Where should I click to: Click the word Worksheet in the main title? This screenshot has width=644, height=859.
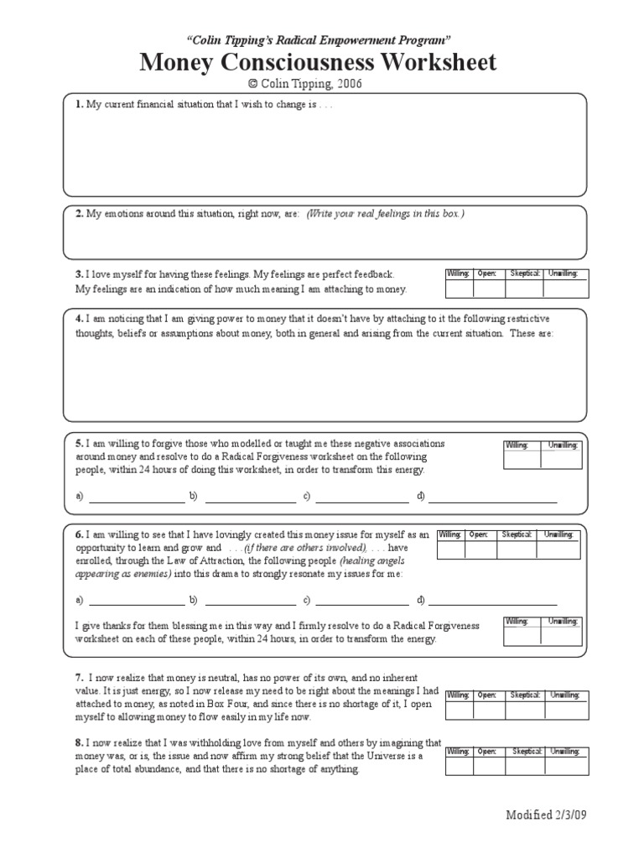tap(423, 62)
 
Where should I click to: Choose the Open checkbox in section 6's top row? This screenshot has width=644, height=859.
tap(480, 549)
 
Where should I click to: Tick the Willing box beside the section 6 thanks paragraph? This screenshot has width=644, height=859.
tap(522, 636)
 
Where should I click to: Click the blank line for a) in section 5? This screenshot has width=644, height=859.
tap(136, 497)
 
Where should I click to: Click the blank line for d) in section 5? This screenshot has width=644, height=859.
tap(492, 497)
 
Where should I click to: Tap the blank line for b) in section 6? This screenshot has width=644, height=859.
tap(250, 600)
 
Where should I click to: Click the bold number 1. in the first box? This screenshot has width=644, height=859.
tap(78, 104)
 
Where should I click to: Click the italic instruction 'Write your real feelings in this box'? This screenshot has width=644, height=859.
tap(385, 214)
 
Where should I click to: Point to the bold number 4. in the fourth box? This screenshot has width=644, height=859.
tap(78, 319)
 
